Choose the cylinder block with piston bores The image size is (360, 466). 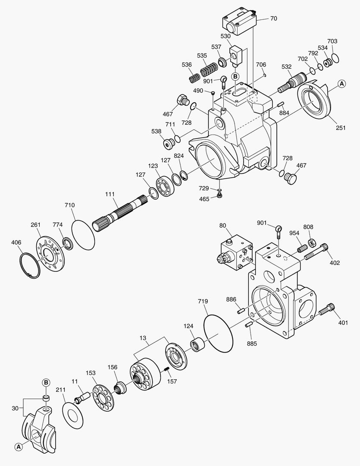click(x=144, y=373)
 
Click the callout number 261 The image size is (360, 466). click(x=35, y=225)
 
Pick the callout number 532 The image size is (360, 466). click(x=287, y=66)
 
